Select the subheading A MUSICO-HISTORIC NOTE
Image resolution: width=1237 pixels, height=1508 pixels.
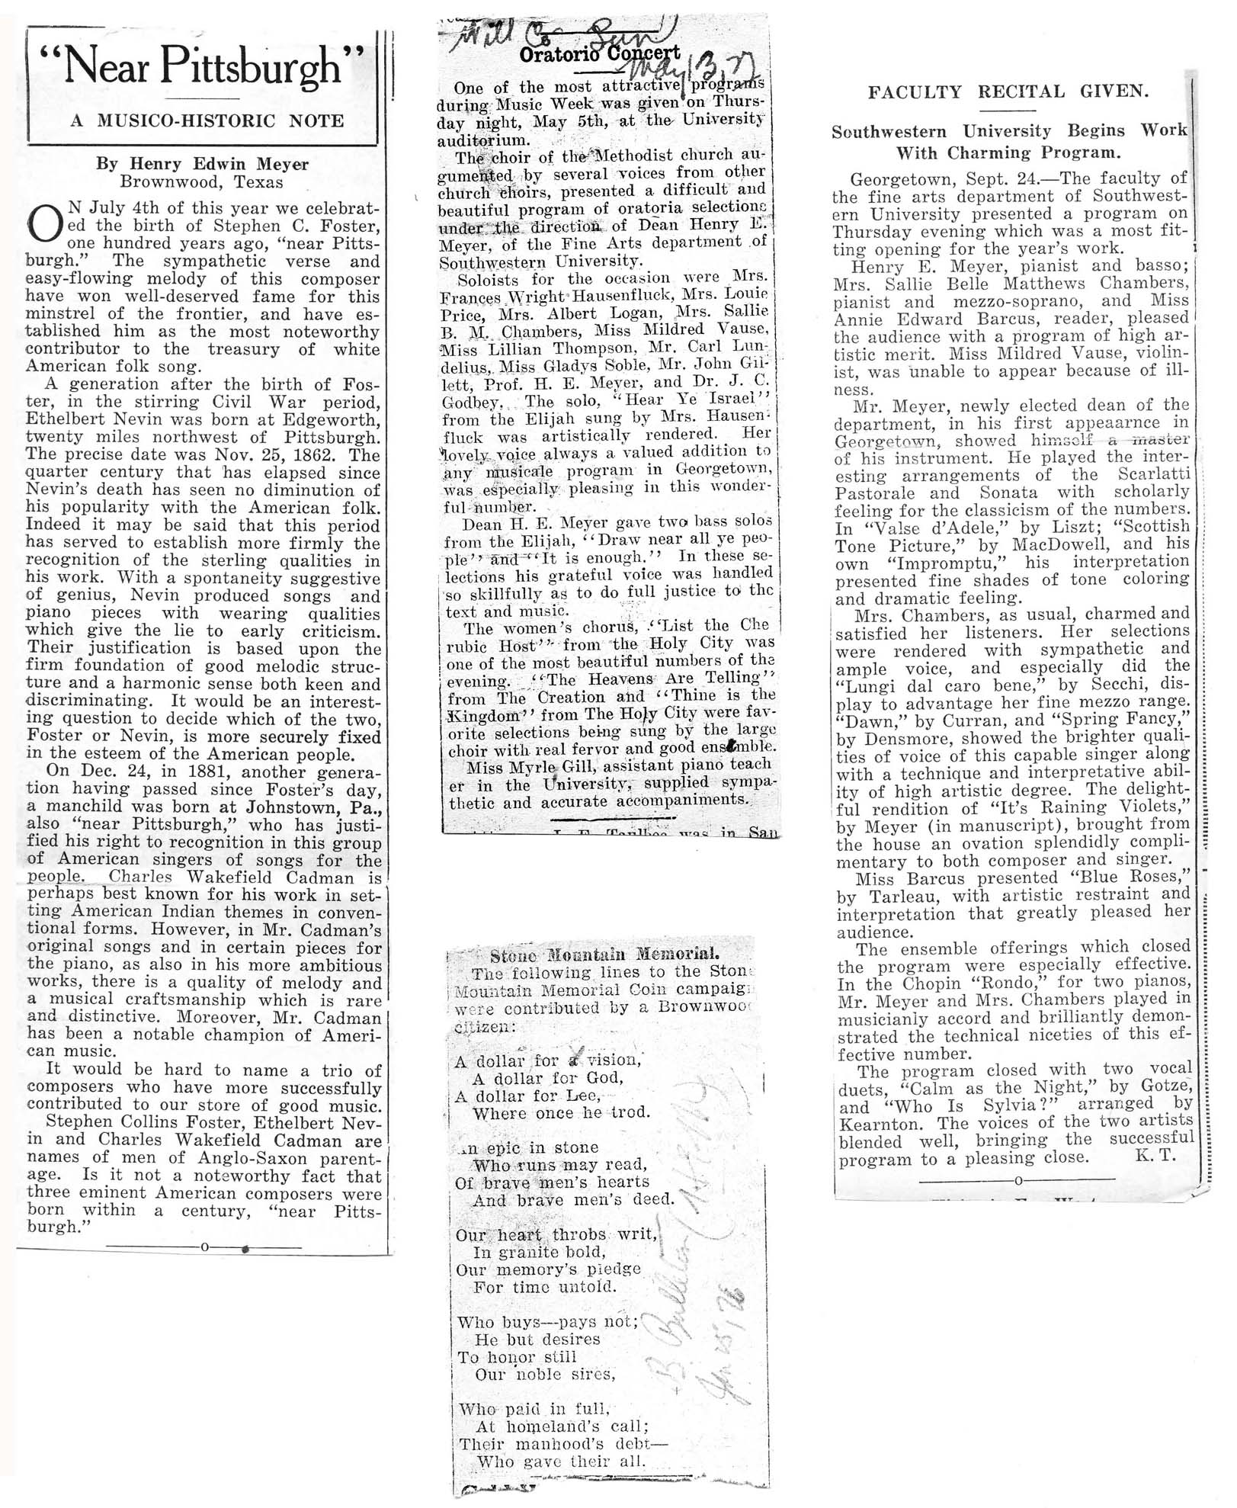207,121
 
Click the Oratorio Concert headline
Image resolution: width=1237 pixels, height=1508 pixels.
599,53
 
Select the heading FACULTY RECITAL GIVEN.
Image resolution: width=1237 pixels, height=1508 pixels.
1008,92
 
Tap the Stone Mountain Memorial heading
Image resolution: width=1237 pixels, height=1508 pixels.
604,954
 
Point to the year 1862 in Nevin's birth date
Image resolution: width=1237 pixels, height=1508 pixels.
332,455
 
